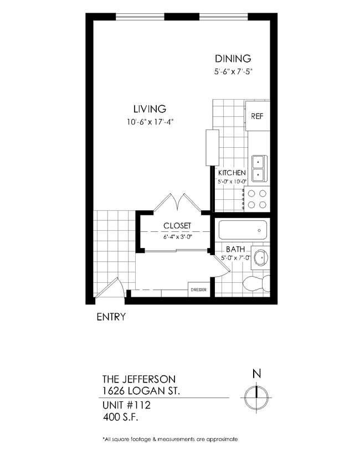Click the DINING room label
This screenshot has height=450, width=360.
pyautogui.click(x=233, y=58)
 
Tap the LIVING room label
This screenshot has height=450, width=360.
pyautogui.click(x=150, y=109)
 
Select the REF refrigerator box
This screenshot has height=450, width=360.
pyautogui.click(x=258, y=116)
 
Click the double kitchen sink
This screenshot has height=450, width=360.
pyautogui.click(x=259, y=168)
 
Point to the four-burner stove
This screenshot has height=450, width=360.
pyautogui.click(x=256, y=199)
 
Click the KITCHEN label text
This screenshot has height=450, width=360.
pyautogui.click(x=232, y=173)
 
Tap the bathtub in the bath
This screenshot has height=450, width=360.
pyautogui.click(x=243, y=229)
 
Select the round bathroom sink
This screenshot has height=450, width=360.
pyautogui.click(x=260, y=257)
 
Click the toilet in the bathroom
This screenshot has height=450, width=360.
pyautogui.click(x=256, y=283)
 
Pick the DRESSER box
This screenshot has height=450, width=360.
pyautogui.click(x=199, y=290)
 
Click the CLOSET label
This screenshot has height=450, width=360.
pyautogui.click(x=177, y=226)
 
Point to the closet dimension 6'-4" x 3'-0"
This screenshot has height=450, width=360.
pyautogui.click(x=177, y=236)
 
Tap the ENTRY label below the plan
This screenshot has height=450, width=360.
pyautogui.click(x=111, y=317)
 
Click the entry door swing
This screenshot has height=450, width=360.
pyautogui.click(x=111, y=289)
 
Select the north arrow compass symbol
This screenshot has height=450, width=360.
pyautogui.click(x=256, y=396)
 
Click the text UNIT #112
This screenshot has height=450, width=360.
pyautogui.click(x=126, y=405)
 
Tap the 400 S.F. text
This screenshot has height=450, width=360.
pyautogui.click(x=120, y=416)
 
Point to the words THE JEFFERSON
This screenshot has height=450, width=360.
pyautogui.click(x=139, y=379)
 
